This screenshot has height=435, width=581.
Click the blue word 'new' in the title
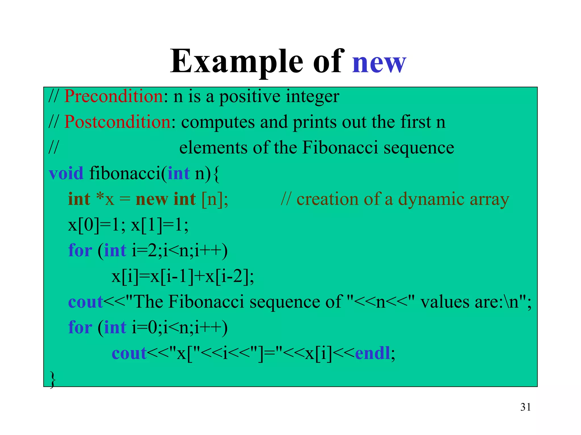click(x=379, y=62)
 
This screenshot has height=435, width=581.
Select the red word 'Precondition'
click(x=113, y=96)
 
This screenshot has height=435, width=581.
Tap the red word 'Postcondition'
click(x=117, y=122)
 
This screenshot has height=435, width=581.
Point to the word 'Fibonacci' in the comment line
click(x=340, y=148)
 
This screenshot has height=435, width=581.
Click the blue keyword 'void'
click(x=66, y=173)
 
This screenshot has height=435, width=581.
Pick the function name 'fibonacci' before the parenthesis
click(x=125, y=173)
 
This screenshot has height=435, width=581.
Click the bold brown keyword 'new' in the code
click(x=152, y=199)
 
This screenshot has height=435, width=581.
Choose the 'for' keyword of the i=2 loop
click(x=80, y=251)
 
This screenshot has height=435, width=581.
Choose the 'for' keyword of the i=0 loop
click(x=80, y=328)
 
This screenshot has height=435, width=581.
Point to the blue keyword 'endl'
click(x=372, y=353)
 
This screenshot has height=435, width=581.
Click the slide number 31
click(x=525, y=407)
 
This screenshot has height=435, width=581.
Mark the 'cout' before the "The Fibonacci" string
click(x=85, y=302)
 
